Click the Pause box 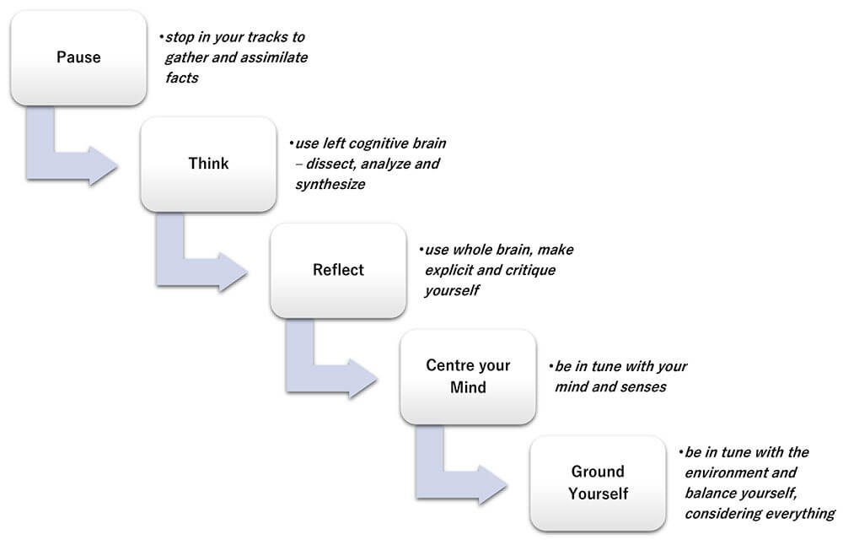pyautogui.click(x=78, y=57)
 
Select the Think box pyautogui.click(x=208, y=165)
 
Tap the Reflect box pyautogui.click(x=338, y=270)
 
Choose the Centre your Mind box pyautogui.click(x=468, y=376)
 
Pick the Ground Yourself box pyautogui.click(x=598, y=483)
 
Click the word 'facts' pyautogui.click(x=182, y=78)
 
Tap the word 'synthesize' pyautogui.click(x=330, y=185)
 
